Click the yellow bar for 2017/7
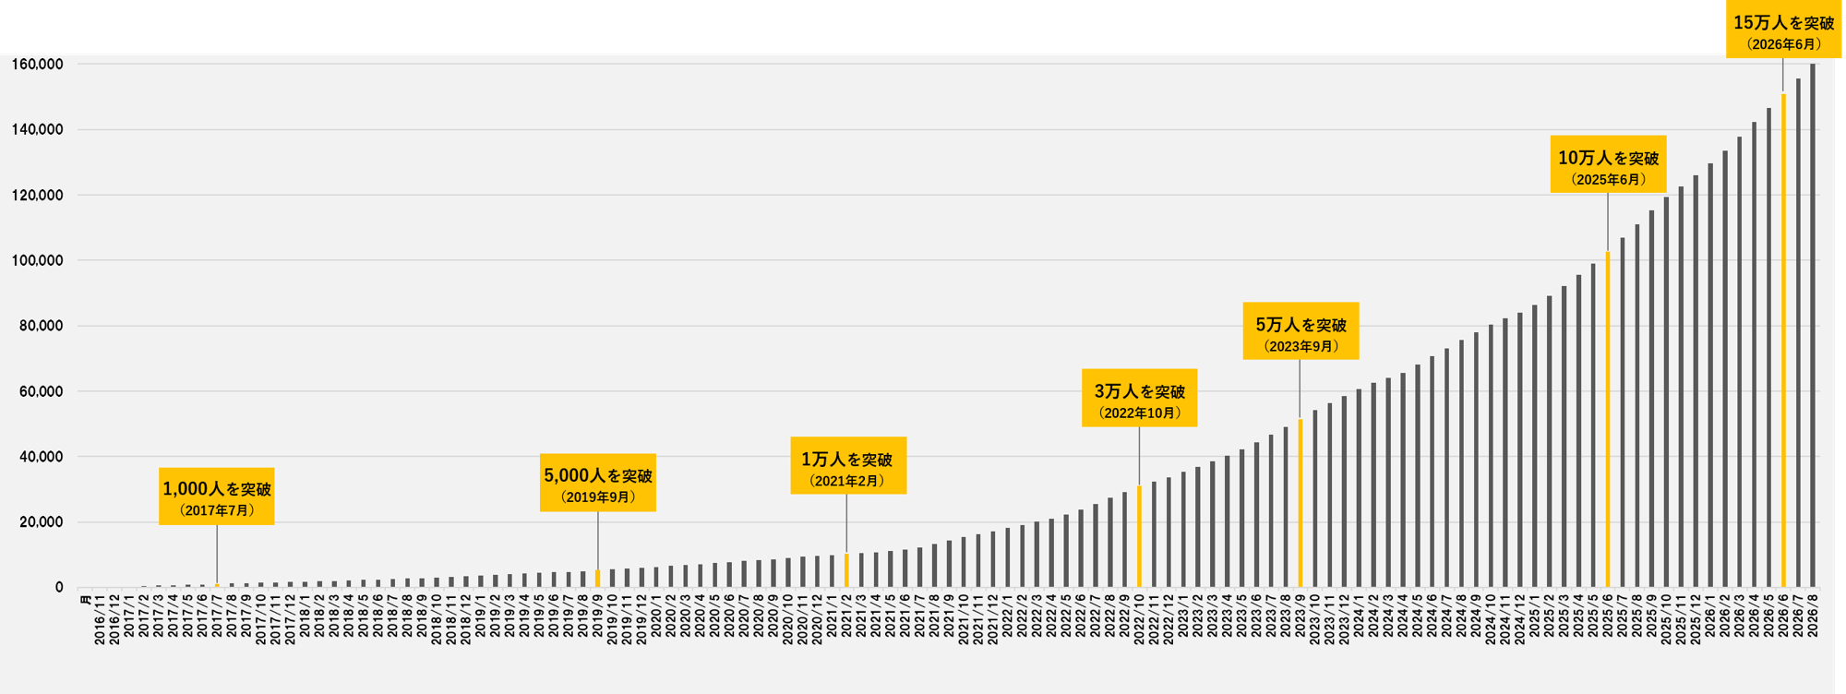point(217,585)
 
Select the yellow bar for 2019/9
point(598,579)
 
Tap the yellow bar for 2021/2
point(846,570)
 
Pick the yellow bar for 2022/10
point(1139,536)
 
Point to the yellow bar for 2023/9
point(1301,503)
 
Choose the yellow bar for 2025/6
point(1608,419)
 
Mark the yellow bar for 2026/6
point(1783,341)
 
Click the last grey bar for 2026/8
point(1813,326)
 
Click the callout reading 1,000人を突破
point(217,497)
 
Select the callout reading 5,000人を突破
point(598,483)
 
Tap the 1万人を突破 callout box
point(848,466)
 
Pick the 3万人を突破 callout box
point(1140,398)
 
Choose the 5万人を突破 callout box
point(1301,330)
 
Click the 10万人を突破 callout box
point(1609,164)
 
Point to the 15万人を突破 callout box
point(1783,30)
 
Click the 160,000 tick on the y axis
point(37,65)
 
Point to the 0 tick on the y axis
point(59,588)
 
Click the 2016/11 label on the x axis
point(100,620)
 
